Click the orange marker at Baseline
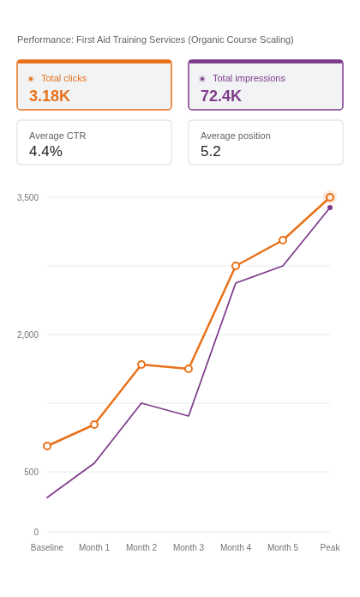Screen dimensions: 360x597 click(47, 446)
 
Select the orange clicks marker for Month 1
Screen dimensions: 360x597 click(94, 425)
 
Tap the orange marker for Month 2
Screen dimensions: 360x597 click(141, 365)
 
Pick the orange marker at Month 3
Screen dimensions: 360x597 click(189, 369)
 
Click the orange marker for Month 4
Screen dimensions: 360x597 click(236, 266)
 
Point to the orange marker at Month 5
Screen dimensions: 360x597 click(283, 240)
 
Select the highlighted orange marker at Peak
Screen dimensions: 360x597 click(330, 197)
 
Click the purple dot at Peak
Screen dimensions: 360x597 click(330, 208)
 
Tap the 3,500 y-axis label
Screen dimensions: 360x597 click(27, 197)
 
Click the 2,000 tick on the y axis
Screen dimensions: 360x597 click(27, 335)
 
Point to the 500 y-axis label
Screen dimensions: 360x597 click(31, 472)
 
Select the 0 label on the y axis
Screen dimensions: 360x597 click(36, 532)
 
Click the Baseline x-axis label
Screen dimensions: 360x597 click(47, 547)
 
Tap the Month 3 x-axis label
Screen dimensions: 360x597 click(189, 547)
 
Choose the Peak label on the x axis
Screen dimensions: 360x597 click(330, 547)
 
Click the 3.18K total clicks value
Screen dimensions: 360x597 click(50, 95)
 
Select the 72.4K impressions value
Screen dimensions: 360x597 click(221, 95)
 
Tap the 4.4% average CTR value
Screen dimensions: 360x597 click(45, 151)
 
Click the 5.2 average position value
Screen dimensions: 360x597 click(211, 151)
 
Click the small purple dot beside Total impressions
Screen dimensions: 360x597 click(202, 79)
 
